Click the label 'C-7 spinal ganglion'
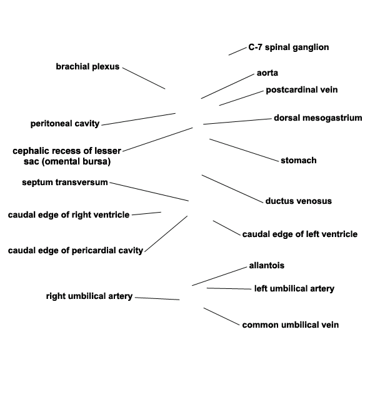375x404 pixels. point(289,48)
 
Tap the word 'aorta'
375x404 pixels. point(267,73)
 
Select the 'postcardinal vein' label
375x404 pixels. point(302,89)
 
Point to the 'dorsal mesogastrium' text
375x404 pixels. point(318,118)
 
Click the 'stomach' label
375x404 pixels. point(299,160)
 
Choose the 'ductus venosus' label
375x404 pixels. point(299,201)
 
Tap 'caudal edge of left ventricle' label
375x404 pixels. point(300,234)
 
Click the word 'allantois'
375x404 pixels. point(267,265)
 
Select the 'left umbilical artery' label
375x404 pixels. point(294,288)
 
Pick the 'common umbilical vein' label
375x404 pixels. point(290,325)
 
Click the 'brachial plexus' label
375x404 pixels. point(87,66)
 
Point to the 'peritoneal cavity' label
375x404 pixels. point(65,124)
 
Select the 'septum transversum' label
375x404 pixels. point(64,182)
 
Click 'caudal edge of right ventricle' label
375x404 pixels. point(69,215)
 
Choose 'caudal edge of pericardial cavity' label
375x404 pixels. point(76,250)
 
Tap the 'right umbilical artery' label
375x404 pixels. point(89,296)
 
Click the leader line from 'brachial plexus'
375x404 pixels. point(144,78)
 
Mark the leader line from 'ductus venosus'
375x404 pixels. point(232,189)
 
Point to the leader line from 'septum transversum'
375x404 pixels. point(149,191)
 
